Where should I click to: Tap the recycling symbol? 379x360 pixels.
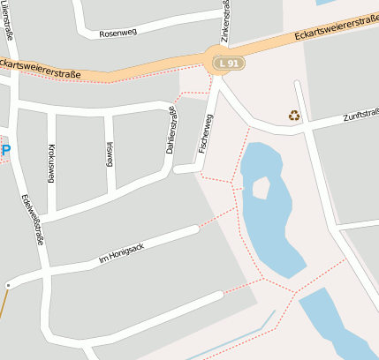(293, 115)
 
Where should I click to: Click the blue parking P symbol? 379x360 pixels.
(5, 150)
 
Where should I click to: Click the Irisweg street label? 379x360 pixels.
(110, 154)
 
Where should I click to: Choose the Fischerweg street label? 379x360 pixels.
(206, 133)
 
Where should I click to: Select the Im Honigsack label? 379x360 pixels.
(121, 253)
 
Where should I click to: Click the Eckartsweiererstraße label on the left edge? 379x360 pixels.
(40, 67)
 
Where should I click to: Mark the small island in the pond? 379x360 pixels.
(261, 187)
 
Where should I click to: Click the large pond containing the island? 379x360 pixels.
(274, 229)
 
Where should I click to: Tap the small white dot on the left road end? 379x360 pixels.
(8, 285)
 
